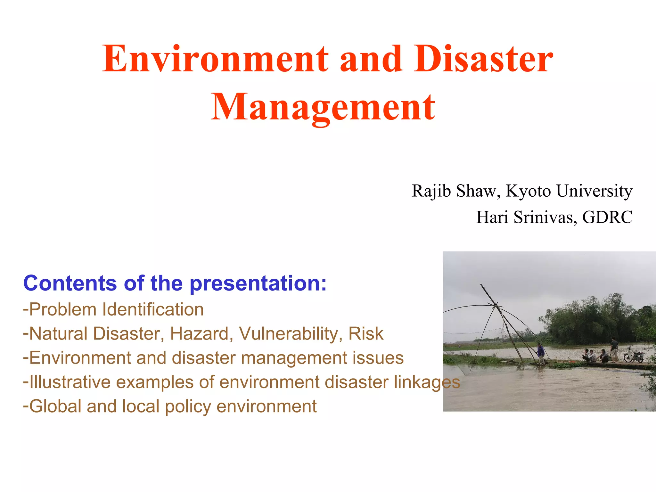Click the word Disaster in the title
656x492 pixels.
pyautogui.click(x=483, y=59)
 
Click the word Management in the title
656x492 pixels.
pyautogui.click(x=323, y=107)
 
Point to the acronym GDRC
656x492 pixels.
pyautogui.click(x=607, y=217)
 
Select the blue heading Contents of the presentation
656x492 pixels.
pyautogui.click(x=175, y=283)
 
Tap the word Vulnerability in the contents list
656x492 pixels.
pyautogui.click(x=288, y=334)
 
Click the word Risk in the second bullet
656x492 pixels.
pyautogui.click(x=365, y=334)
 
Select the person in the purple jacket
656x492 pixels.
pyautogui.click(x=541, y=352)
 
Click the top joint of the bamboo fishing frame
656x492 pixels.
pyautogui.click(x=496, y=305)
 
